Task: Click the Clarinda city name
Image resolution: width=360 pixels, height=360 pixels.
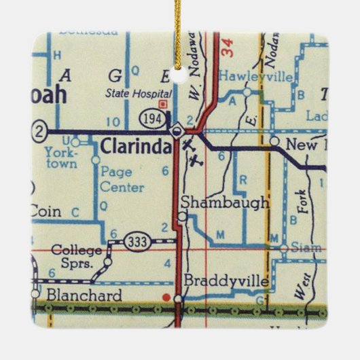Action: [136, 146]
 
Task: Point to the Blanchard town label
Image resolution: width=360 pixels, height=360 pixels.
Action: [85, 295]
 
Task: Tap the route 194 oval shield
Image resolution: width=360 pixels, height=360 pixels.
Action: [151, 118]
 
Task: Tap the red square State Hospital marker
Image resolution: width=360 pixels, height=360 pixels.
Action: [162, 105]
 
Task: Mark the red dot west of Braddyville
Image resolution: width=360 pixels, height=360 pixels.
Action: [166, 296]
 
